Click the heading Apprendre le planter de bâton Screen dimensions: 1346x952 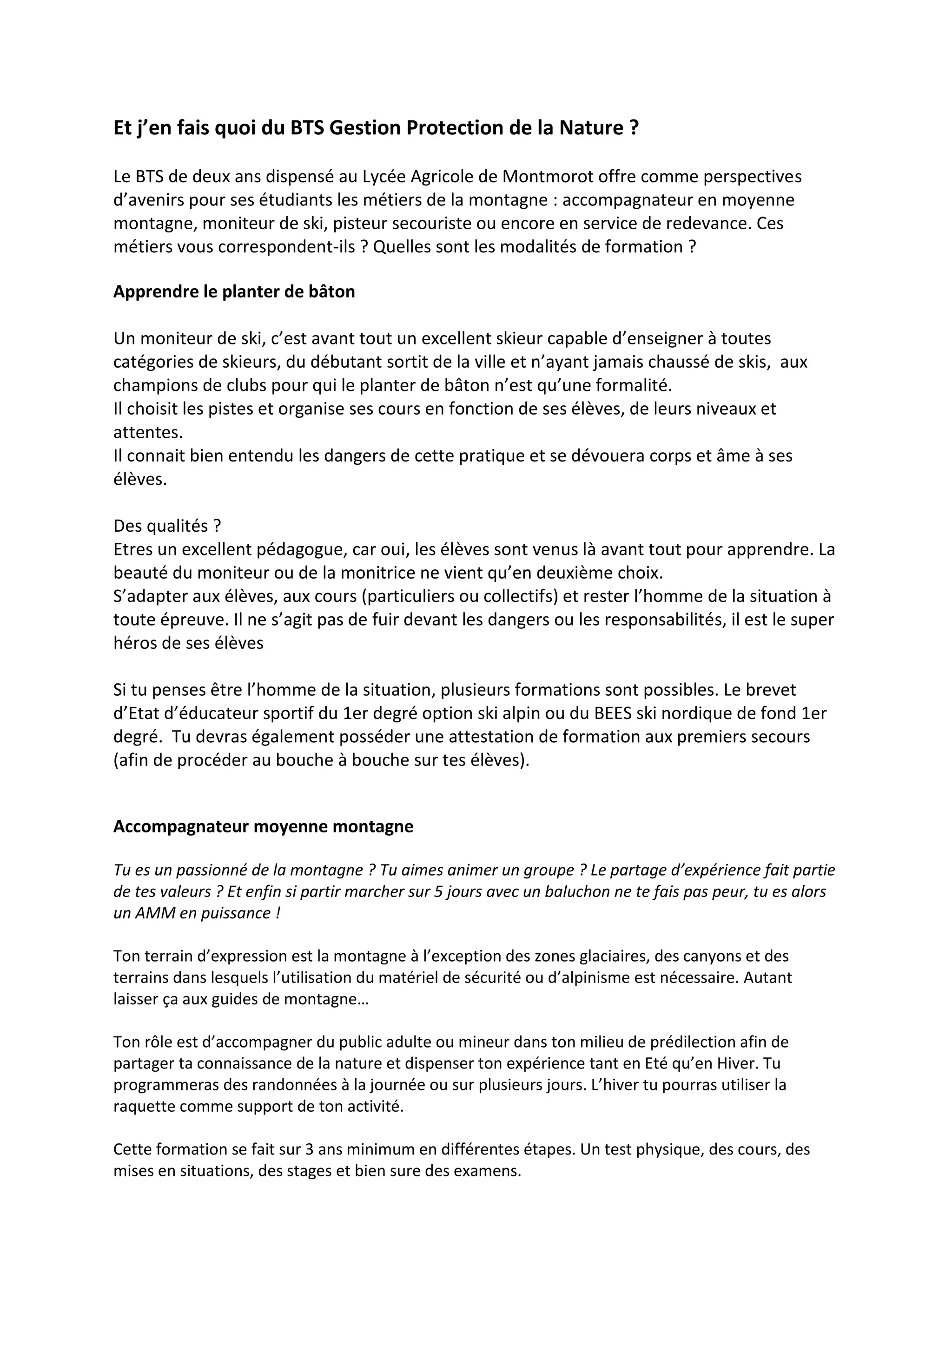pyautogui.click(x=234, y=291)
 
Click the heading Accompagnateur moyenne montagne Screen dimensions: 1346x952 pyautogui.click(x=263, y=826)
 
